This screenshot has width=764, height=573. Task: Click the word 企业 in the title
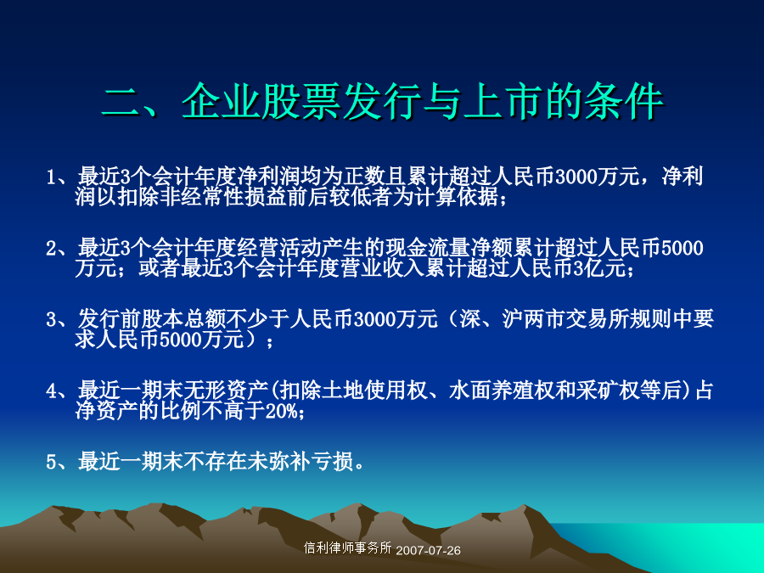[x=222, y=101]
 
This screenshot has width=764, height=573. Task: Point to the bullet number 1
[x=52, y=177]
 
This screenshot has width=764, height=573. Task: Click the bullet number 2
[x=52, y=249]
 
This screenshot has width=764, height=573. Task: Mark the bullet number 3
[x=52, y=320]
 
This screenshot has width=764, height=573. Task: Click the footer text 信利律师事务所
[x=347, y=548]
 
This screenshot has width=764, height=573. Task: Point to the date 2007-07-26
[x=429, y=551]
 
